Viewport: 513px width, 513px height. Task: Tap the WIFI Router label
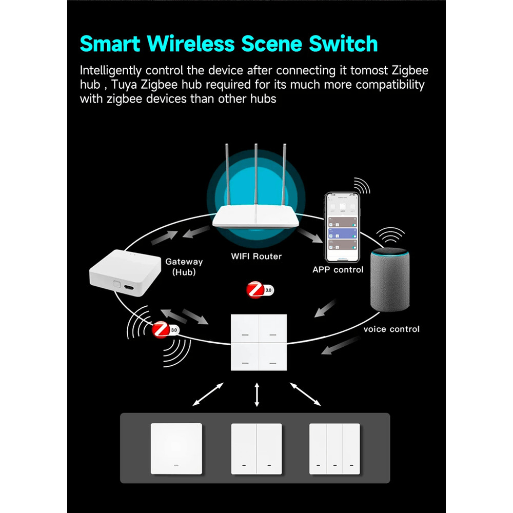click(256, 255)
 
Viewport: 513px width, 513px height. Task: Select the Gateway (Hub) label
click(184, 267)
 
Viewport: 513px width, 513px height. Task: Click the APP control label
click(338, 269)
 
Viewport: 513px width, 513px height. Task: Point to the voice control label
click(391, 329)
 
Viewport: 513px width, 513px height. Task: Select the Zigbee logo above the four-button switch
click(260, 290)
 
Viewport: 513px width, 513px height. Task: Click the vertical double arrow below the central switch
click(257, 395)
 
